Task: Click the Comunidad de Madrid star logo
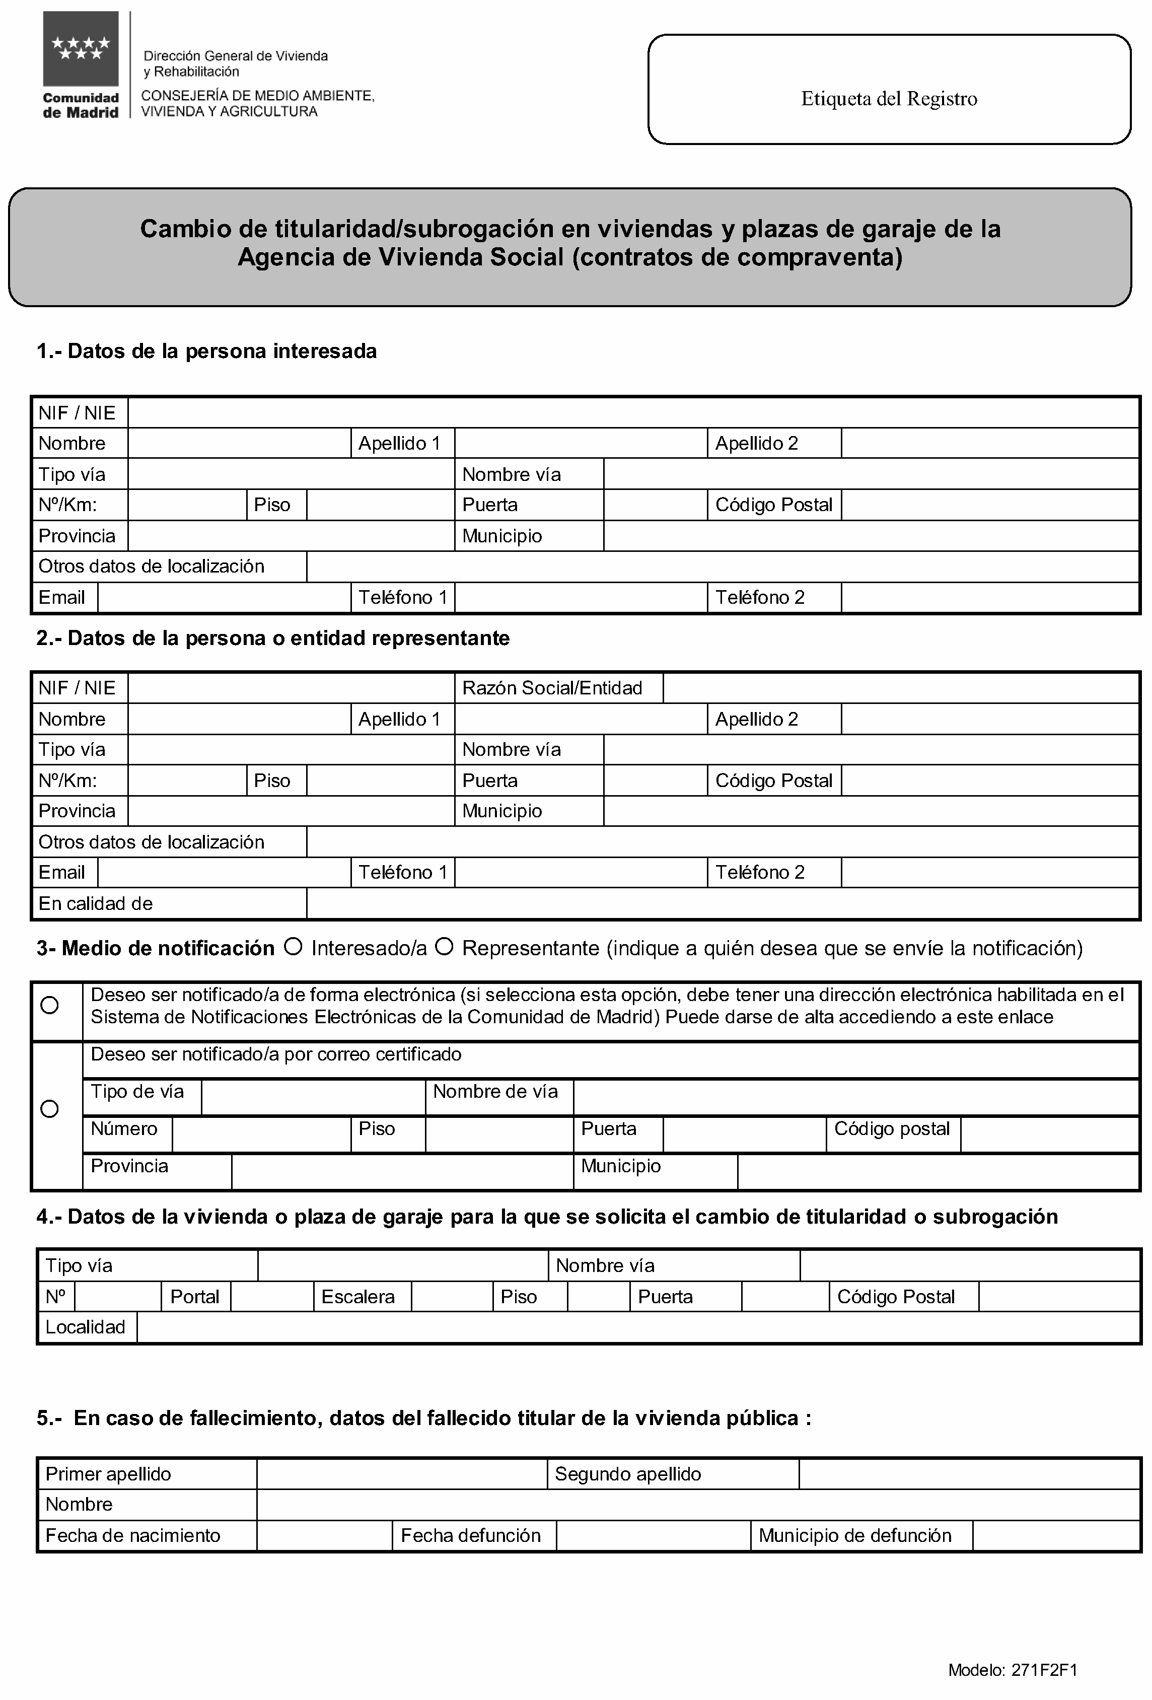pos(81,49)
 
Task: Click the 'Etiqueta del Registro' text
pos(889,99)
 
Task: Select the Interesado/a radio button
pos(294,947)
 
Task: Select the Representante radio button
pos(444,947)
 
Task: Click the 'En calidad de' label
pos(96,903)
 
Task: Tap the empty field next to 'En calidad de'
pos(722,903)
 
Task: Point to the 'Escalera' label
pos(357,1297)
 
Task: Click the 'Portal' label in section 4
pos(194,1297)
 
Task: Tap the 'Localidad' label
pos(86,1327)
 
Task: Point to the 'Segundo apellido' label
pos(627,1474)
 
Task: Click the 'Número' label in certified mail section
pos(124,1128)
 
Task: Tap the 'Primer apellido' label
pos(108,1474)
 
